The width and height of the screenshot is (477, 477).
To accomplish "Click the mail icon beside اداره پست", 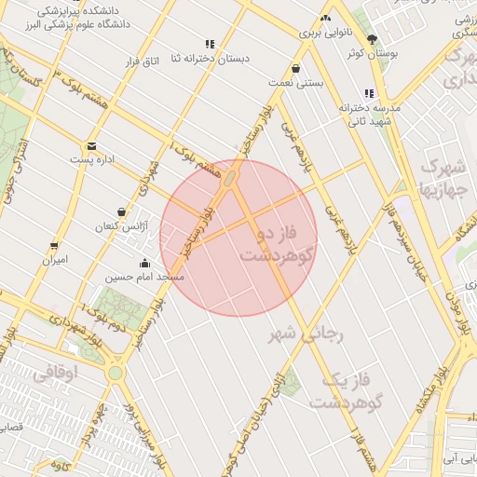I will coord(91,145).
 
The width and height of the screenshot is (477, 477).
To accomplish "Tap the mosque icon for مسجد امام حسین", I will coord(144,264).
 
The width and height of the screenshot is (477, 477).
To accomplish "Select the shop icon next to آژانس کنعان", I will coord(121,212).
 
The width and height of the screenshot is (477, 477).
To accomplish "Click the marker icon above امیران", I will coord(53,246).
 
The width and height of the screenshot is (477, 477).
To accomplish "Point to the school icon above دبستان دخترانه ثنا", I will coord(210,44).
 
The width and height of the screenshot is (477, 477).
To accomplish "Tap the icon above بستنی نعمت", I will coord(295,68).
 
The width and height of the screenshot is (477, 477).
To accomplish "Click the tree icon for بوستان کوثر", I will coord(373,39).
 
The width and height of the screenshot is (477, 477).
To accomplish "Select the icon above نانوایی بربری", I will coord(325,19).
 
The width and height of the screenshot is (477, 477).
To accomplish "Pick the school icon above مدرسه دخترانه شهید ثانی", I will coord(370,93).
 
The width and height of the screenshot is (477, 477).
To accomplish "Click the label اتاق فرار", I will coord(143,61).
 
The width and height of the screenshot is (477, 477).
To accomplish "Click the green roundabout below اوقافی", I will coord(115,373).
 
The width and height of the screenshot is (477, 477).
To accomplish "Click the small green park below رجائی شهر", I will coord(292,381).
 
